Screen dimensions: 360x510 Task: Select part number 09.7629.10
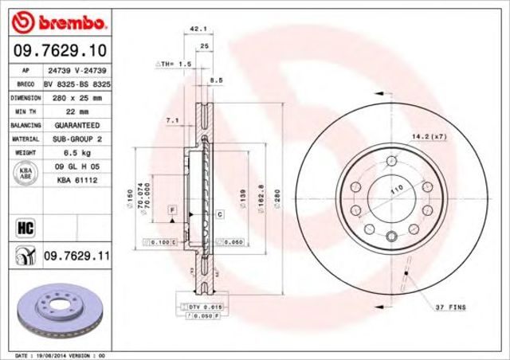click(60, 50)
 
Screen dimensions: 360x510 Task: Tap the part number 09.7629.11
click(75, 256)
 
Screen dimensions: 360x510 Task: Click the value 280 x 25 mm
click(77, 98)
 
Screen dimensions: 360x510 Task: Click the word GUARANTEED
click(77, 126)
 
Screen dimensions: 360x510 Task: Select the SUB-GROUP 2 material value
click(77, 139)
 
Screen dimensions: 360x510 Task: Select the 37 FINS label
click(450, 307)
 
